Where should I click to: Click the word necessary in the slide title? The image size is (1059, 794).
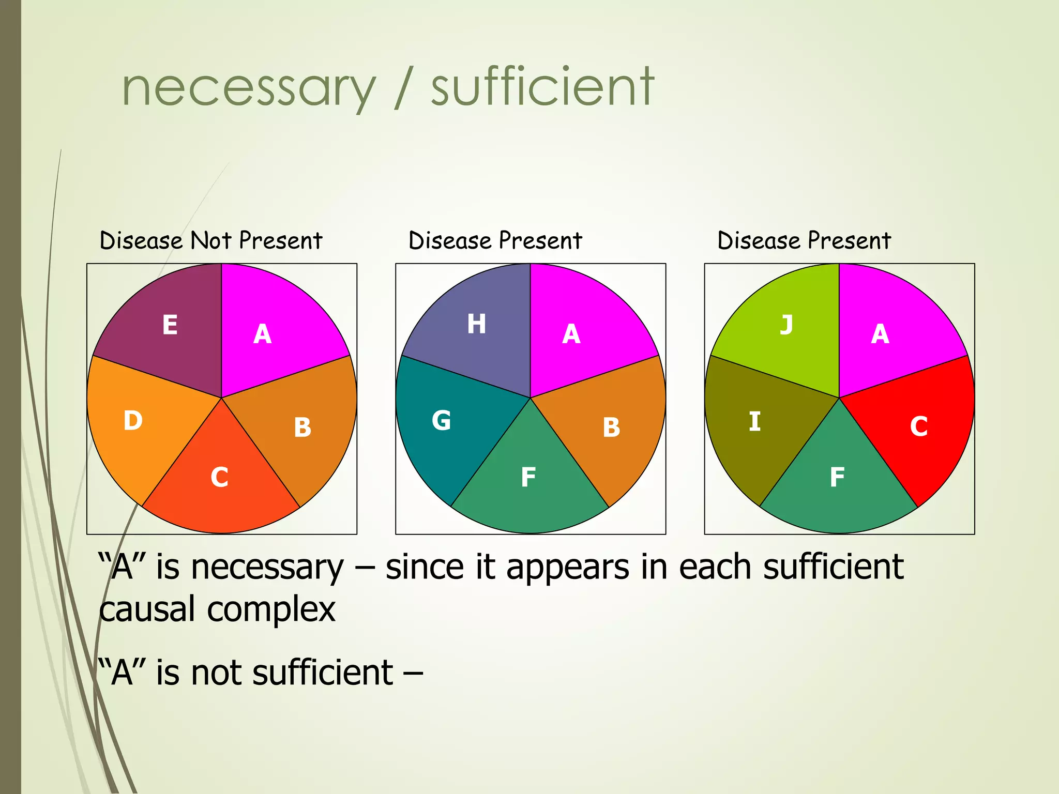pyautogui.click(x=248, y=89)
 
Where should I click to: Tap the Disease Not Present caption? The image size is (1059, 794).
pyautogui.click(x=211, y=241)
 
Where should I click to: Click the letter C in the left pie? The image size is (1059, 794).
pyautogui.click(x=219, y=477)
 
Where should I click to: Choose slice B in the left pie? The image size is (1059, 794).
pyautogui.click(x=302, y=427)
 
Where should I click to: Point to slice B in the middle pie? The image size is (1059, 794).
pyautogui.click(x=611, y=427)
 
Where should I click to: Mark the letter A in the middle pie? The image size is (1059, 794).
pyautogui.click(x=571, y=334)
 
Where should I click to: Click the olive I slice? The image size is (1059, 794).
pyautogui.click(x=754, y=421)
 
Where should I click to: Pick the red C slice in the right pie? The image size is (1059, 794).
pyautogui.click(x=919, y=426)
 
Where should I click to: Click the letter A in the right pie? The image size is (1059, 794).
pyautogui.click(x=880, y=334)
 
